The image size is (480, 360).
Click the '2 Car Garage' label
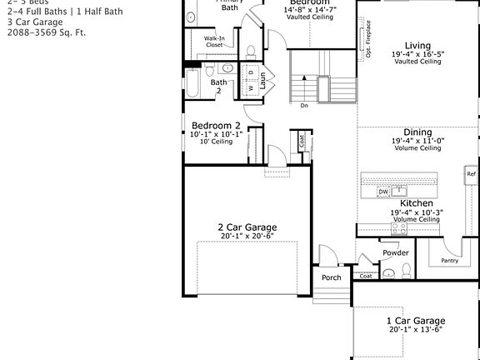click(x=247, y=227)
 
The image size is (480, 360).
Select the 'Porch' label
click(x=332, y=277)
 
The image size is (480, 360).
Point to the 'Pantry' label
click(x=449, y=261)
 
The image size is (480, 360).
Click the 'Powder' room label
click(x=395, y=252)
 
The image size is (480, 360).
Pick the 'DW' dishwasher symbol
click(x=383, y=192)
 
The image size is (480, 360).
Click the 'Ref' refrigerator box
click(x=471, y=174)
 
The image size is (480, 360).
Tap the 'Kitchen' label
click(x=416, y=203)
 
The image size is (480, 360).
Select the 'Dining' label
click(x=417, y=132)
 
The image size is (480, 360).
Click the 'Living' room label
click(x=417, y=45)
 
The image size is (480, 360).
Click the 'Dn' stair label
click(x=304, y=105)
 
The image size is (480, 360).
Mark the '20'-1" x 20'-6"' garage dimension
click(x=247, y=237)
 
